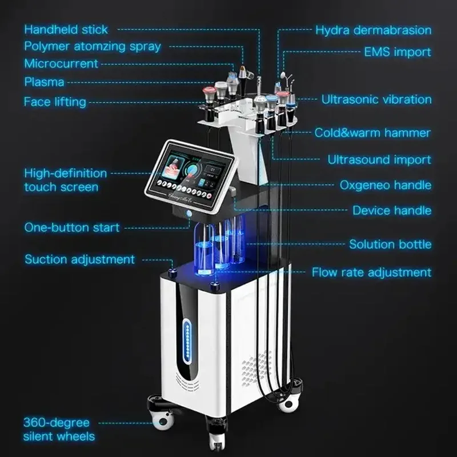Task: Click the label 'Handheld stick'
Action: pos(66,29)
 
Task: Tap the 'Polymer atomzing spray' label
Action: pos(92,46)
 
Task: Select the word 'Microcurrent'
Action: pos(61,63)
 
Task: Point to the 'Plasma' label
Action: pos(44,82)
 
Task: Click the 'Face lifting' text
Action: pos(55,102)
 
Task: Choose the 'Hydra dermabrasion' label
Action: pos(373,30)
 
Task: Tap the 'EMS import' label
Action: pos(398,52)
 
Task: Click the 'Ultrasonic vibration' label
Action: pos(376,99)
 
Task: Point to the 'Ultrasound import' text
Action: pos(379,159)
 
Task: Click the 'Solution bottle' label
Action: pos(390,244)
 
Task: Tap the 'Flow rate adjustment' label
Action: pos(371,272)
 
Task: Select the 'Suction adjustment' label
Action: pos(79,259)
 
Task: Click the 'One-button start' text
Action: pos(72,227)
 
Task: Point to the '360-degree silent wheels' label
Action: pos(59,430)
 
